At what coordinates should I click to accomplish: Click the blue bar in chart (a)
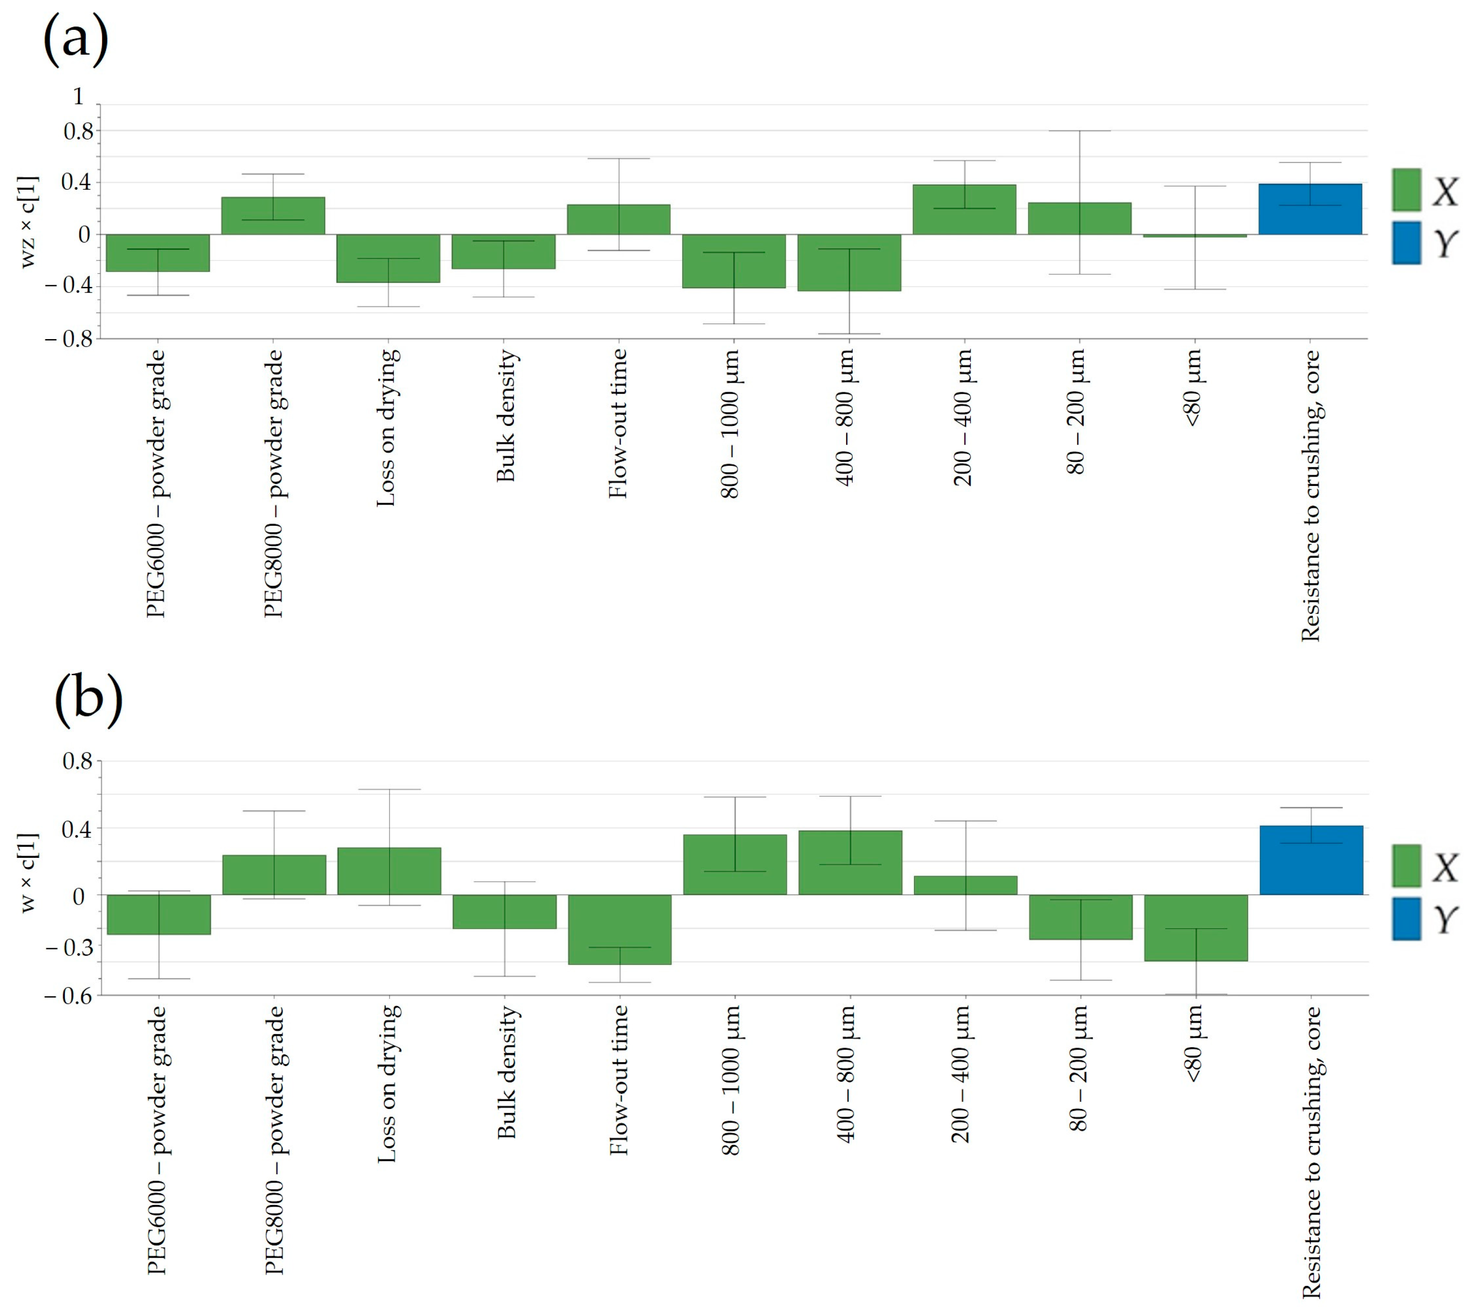point(1310,209)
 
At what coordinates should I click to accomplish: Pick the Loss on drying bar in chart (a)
point(388,258)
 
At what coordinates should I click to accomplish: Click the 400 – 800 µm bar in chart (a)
point(849,262)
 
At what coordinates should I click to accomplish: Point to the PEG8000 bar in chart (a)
point(273,216)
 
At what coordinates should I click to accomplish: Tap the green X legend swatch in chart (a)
point(1406,190)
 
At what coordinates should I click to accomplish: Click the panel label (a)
point(76,39)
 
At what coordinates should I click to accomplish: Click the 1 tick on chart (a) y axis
point(78,96)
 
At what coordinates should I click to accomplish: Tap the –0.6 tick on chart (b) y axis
point(68,995)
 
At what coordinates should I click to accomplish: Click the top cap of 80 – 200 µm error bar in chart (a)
point(1080,131)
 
